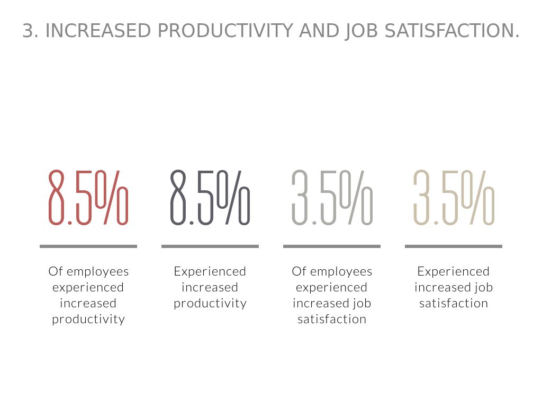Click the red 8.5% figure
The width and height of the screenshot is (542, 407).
[88, 197]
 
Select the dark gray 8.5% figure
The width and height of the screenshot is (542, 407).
[210, 197]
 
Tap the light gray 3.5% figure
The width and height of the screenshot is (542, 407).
[332, 197]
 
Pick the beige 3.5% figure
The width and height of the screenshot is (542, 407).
[454, 197]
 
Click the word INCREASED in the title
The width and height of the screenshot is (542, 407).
[98, 31]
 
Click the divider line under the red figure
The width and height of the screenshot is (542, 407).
[88, 246]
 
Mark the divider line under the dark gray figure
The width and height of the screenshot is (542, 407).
[210, 246]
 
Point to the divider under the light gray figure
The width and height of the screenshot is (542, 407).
[332, 246]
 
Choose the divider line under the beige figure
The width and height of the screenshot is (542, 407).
[454, 246]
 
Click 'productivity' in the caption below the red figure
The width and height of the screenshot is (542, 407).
[88, 320]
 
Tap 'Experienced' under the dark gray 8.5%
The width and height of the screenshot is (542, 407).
[210, 271]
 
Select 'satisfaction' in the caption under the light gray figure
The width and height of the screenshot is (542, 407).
[332, 319]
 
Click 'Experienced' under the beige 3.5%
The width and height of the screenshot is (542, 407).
[454, 271]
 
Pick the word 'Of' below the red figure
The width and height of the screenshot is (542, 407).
[56, 271]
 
